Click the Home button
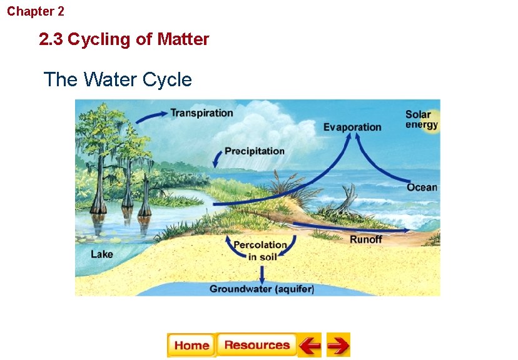point(191,345)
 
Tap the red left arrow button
point(309,345)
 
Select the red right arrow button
point(338,345)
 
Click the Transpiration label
point(201,113)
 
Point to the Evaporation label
point(352,127)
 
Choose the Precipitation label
point(255,151)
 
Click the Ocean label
point(422,187)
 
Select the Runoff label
point(365,239)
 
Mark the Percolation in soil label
point(260,251)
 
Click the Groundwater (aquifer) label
point(262,289)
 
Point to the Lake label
point(102,254)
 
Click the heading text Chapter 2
point(36,11)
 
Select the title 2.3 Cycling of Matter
point(124,39)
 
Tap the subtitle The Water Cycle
point(118,80)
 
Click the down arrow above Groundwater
point(263,274)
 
